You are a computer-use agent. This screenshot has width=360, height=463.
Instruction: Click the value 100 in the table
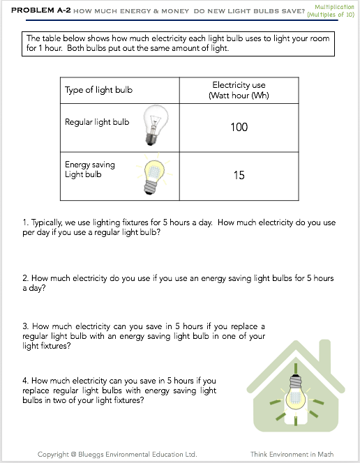tap(239, 128)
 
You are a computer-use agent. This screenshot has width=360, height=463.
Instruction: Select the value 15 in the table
tap(239, 175)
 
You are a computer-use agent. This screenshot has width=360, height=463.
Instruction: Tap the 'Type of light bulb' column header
tap(98, 90)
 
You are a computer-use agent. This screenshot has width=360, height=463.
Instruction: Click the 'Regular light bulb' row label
tap(97, 122)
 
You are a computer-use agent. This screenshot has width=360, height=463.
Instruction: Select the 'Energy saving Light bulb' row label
tap(90, 169)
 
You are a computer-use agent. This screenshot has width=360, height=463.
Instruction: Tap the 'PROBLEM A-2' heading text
tap(40, 10)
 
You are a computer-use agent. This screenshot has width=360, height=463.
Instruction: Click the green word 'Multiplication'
tap(334, 7)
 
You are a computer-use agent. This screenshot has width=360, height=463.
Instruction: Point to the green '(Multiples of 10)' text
tap(331, 15)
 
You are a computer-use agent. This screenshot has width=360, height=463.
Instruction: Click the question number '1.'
tap(25, 222)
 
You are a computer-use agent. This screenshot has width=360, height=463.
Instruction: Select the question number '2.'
tap(26, 278)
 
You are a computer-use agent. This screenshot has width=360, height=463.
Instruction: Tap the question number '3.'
tap(26, 326)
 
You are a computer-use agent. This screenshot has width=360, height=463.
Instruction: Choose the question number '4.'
tap(26, 381)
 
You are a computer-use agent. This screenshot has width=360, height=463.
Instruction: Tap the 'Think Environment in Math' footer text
tap(292, 454)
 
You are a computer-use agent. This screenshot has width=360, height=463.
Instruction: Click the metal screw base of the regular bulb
tap(151, 139)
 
